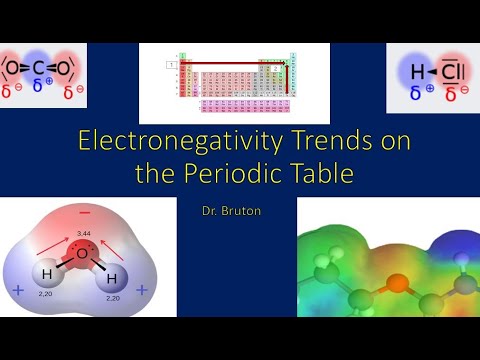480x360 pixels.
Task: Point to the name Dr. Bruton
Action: coord(240,211)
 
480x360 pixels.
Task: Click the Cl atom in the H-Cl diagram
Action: coord(453,71)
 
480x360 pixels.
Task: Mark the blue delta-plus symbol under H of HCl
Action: coord(416,94)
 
